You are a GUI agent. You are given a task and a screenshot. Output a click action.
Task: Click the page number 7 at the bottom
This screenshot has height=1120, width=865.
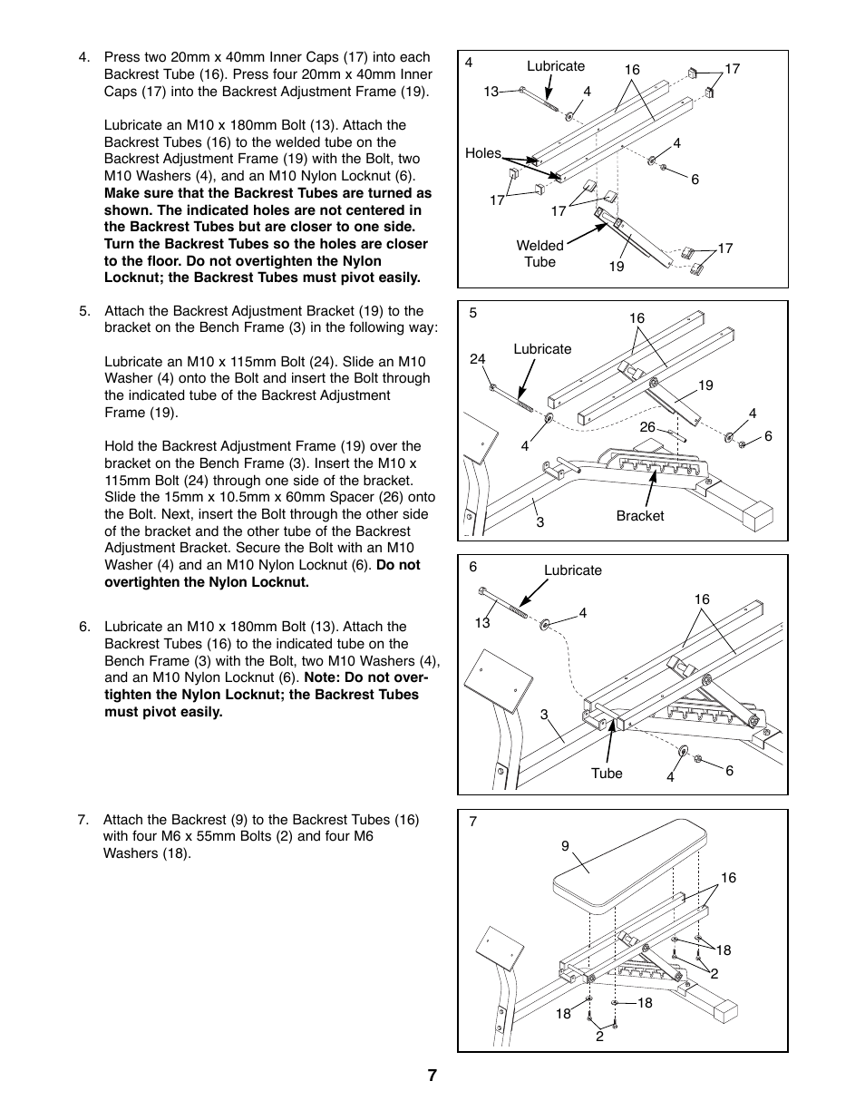[432, 1076]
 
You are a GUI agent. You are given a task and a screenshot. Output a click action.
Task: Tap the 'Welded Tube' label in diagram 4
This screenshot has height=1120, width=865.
[539, 254]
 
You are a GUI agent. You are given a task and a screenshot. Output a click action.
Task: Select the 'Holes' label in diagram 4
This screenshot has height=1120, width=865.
[482, 153]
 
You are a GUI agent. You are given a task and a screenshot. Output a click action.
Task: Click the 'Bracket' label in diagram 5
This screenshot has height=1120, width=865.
[639, 516]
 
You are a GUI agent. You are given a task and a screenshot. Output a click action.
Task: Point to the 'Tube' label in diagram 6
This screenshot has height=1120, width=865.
[607, 774]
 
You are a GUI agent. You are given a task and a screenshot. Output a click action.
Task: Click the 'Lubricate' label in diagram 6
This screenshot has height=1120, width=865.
[572, 570]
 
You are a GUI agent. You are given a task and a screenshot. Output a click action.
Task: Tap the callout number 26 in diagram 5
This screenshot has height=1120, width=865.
[647, 427]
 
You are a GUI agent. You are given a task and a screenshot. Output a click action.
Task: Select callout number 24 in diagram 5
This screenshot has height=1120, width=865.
[478, 359]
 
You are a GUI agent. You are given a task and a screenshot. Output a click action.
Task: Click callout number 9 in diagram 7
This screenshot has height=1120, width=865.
[565, 846]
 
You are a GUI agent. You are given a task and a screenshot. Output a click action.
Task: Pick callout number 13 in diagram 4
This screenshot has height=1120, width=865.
[491, 92]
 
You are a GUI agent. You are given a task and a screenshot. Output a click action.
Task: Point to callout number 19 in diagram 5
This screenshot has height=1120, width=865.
[705, 385]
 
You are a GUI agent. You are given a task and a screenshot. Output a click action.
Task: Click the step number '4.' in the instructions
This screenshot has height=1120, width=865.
[84, 57]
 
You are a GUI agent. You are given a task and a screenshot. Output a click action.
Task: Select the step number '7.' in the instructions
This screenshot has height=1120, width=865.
[83, 820]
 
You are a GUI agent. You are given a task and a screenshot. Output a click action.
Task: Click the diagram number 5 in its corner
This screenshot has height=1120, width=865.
[472, 314]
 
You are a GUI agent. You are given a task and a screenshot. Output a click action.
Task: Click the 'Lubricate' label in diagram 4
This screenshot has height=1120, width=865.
[556, 66]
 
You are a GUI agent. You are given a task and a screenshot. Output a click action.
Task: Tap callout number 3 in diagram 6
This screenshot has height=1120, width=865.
[544, 715]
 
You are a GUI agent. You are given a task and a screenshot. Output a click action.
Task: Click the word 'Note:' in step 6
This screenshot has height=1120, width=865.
[324, 677]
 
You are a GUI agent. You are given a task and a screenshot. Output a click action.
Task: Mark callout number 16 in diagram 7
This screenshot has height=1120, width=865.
[728, 878]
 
